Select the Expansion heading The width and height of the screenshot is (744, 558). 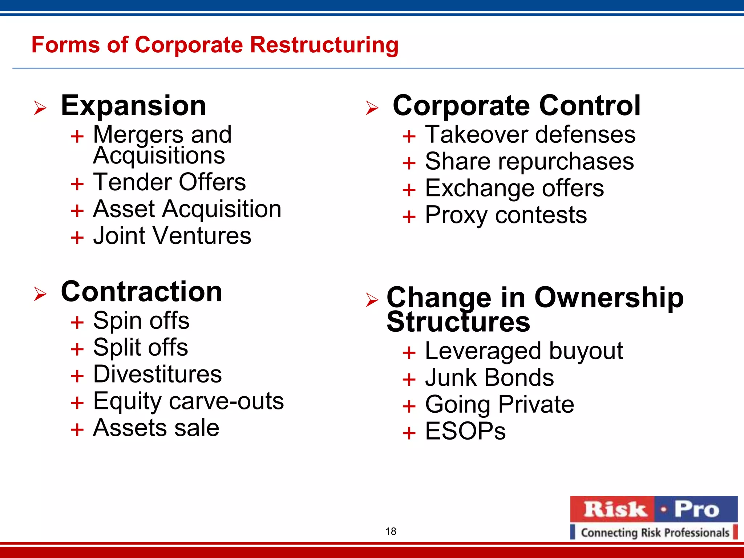tap(133, 106)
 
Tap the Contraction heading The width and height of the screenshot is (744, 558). tap(141, 292)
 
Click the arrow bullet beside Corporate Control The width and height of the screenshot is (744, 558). tap(372, 108)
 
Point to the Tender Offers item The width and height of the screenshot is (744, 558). tap(169, 182)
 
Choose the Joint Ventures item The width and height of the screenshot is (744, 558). tap(172, 236)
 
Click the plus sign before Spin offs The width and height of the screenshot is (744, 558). tap(77, 322)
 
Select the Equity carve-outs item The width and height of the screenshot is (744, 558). tap(188, 401)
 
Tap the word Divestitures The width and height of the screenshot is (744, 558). tap(157, 375)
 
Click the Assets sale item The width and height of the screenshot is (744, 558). tap(156, 428)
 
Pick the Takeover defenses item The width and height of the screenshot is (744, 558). tap(530, 135)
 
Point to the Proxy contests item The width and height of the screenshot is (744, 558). tap(506, 215)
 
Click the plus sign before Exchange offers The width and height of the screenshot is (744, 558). tap(409, 190)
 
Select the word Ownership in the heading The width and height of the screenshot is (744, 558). tap(609, 298)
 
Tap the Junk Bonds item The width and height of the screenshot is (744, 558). tap(489, 378)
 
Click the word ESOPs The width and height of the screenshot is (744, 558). tap(465, 432)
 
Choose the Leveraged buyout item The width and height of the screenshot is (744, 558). tap(524, 351)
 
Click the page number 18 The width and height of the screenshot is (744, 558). tap(391, 531)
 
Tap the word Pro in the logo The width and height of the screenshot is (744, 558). tap(697, 509)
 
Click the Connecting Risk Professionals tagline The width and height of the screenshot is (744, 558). tap(655, 533)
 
